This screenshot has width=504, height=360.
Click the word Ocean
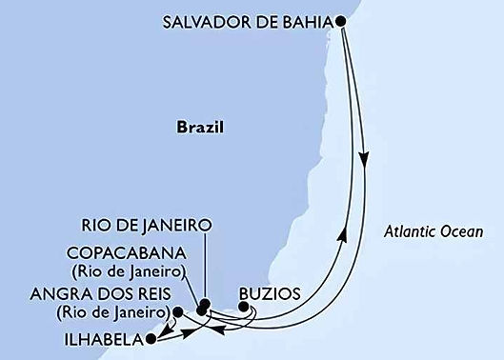464,231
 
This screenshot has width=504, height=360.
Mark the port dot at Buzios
244,306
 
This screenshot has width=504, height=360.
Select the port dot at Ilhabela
149,336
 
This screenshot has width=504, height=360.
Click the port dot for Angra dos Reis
178,310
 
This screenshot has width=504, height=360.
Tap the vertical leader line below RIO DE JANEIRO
204,267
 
